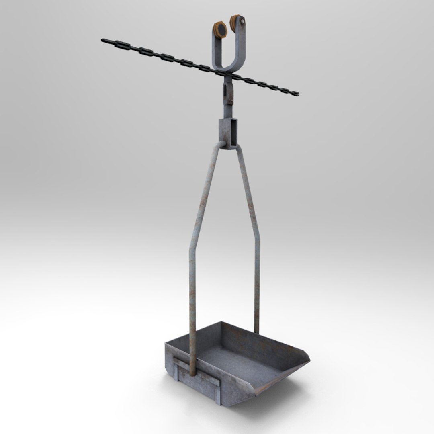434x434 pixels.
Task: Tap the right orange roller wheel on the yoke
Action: (235, 20)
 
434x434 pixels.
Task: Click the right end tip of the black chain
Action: (298, 94)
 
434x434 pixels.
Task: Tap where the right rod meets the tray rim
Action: (256, 332)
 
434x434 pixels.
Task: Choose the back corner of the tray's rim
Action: (220, 322)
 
